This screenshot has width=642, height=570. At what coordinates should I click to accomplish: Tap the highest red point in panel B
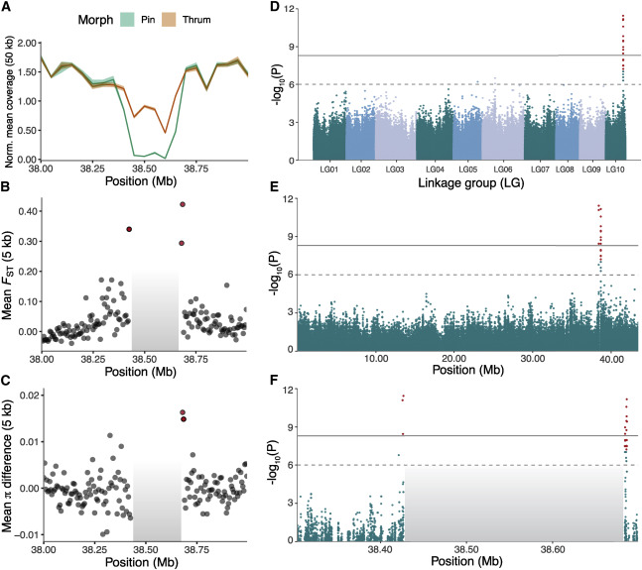point(183,205)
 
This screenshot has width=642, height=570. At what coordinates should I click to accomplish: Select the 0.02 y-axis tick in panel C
point(24,396)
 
